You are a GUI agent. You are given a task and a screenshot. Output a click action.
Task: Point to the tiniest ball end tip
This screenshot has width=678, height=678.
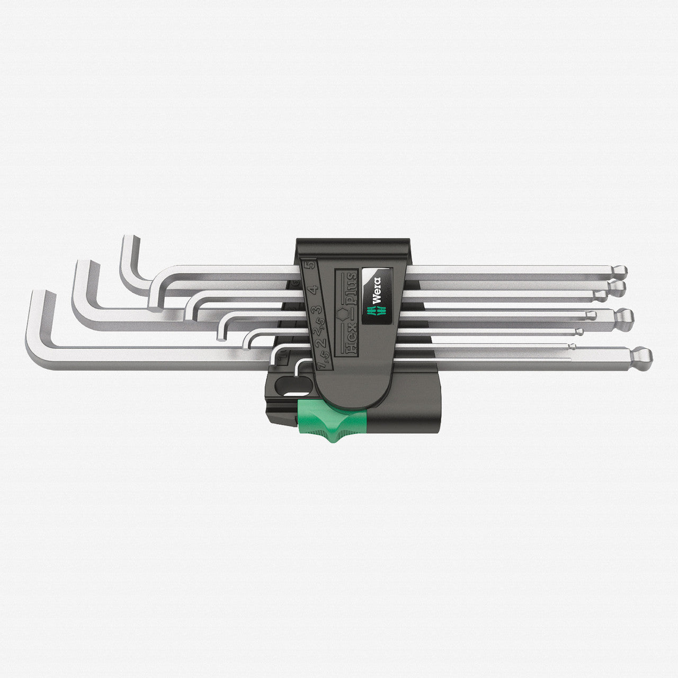pyautogui.click(x=572, y=346)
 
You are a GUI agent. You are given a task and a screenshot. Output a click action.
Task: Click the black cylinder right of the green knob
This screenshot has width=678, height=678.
pyautogui.click(x=403, y=418)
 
